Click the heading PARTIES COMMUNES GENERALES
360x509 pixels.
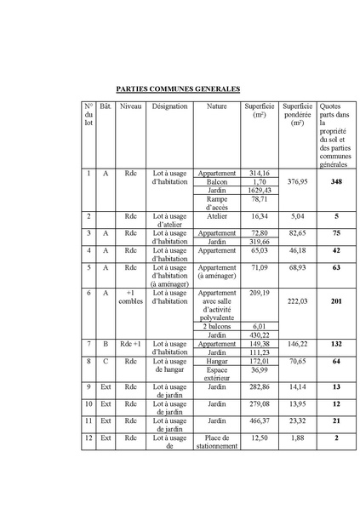[178, 89]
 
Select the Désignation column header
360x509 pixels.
[169, 106]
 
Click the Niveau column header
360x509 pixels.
[131, 106]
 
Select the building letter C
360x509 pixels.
[106, 361]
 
